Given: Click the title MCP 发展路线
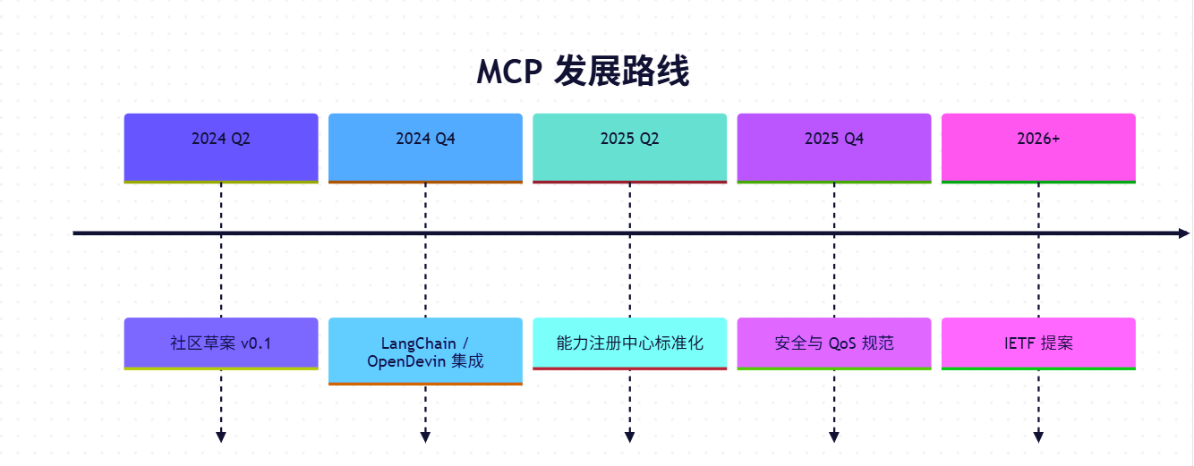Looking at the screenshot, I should point(583,72).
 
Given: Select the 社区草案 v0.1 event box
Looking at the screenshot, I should point(221,343).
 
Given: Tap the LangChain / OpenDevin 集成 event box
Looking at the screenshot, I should point(425,352).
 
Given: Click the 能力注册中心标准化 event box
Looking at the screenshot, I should point(629,343).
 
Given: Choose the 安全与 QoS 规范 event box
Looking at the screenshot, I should point(834,343).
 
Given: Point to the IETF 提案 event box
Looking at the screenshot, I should point(1038,343).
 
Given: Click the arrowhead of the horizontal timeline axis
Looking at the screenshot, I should point(1183,233).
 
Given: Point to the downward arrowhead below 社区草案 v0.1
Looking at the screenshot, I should point(221,436).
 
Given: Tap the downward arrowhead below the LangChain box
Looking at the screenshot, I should point(425,436).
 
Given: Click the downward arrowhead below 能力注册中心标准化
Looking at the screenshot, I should point(629,436).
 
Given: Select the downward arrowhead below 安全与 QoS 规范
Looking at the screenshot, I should point(834,436).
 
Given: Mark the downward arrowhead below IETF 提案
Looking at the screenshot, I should point(1038,436).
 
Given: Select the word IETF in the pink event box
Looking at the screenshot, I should point(1019,343).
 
